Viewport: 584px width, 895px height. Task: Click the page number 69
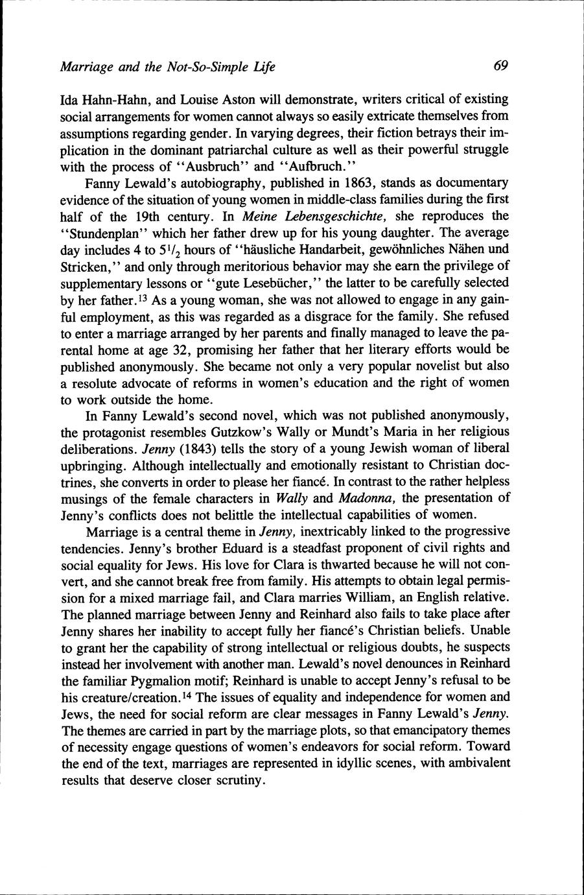click(500, 66)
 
